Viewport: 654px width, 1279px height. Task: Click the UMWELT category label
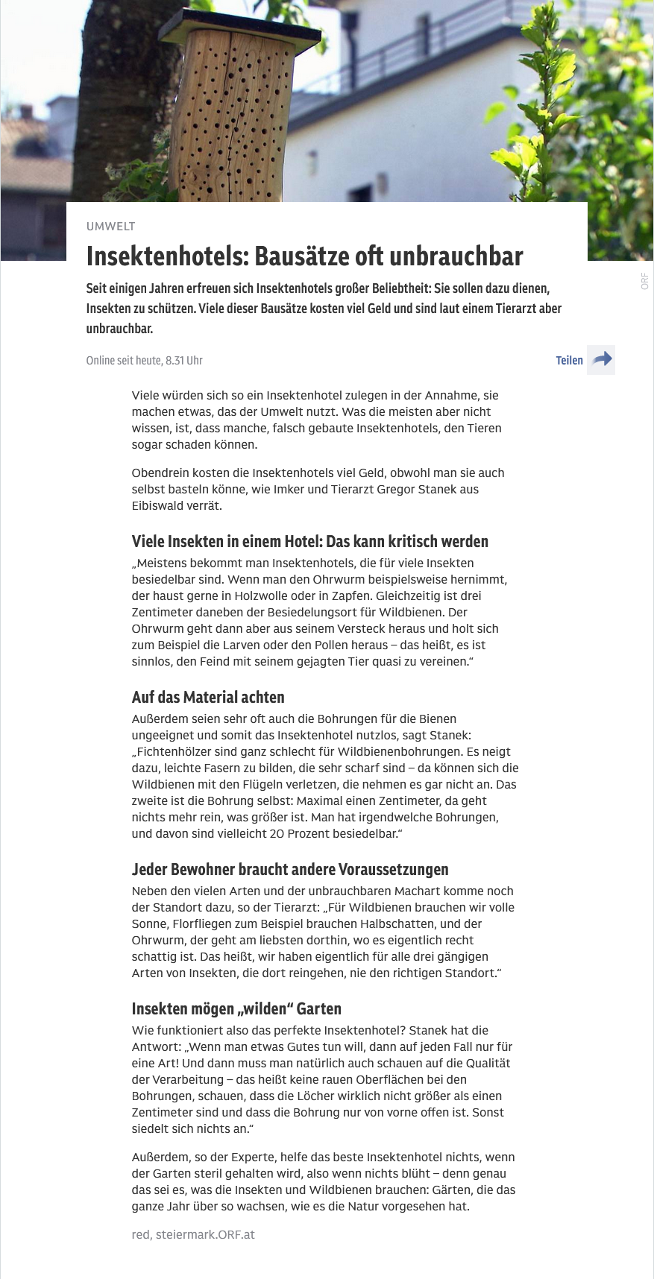click(x=110, y=227)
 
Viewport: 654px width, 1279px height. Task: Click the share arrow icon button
click(x=601, y=360)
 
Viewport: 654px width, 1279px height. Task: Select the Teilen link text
click(x=569, y=361)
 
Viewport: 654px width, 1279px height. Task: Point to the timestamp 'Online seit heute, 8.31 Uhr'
click(x=144, y=361)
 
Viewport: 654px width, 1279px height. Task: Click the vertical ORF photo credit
click(x=644, y=282)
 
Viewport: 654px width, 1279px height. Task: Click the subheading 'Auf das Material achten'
click(x=208, y=698)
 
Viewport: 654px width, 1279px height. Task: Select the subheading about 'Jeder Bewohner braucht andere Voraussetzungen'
click(x=290, y=870)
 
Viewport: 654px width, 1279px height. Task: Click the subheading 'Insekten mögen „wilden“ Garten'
click(x=236, y=1009)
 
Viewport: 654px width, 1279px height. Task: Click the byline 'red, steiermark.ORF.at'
click(x=193, y=1235)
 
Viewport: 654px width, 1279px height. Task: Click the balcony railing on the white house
click(x=462, y=34)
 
